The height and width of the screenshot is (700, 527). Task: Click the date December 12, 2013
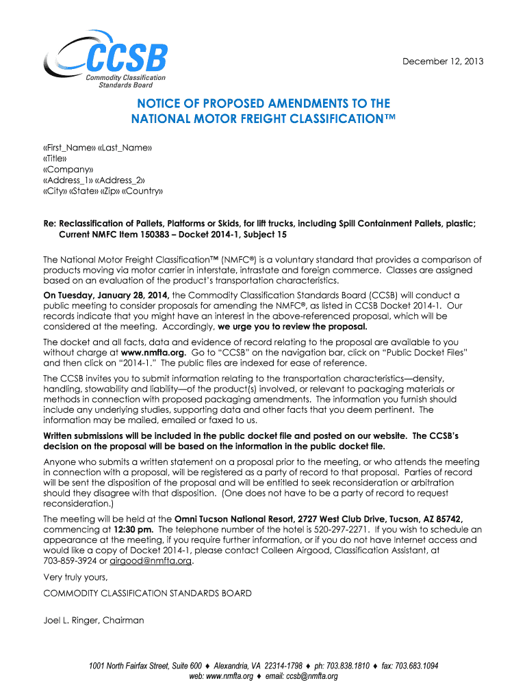click(442, 62)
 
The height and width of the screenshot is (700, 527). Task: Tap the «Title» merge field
click(55, 159)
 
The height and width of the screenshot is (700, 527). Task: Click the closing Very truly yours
click(76, 578)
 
